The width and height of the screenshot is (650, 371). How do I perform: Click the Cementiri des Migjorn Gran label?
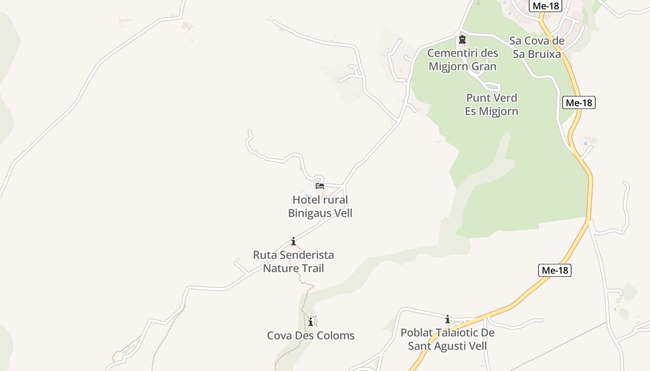point(462,59)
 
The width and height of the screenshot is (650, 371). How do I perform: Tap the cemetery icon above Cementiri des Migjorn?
point(462,39)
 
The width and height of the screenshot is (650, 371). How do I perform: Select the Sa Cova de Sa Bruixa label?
point(537,47)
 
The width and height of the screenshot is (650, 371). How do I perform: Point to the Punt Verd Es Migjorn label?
point(492,104)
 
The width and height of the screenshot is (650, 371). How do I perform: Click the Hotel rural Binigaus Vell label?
point(320,206)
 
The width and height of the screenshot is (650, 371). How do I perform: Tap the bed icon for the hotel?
point(320,186)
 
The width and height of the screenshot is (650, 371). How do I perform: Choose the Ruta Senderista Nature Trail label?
point(293,261)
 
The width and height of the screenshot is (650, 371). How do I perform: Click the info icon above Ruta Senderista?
point(293,241)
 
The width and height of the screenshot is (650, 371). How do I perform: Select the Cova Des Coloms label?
point(311,335)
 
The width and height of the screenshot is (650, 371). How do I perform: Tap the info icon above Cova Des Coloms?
point(311,322)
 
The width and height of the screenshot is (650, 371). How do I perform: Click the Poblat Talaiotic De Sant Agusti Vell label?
point(448,339)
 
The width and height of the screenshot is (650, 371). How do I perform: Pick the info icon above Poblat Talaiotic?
point(448,319)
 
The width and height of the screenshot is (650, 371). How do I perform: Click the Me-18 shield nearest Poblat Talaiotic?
point(555,270)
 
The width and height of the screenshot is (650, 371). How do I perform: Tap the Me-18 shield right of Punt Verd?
point(578,102)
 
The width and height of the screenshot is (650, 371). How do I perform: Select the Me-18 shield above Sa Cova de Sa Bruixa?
point(545,6)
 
